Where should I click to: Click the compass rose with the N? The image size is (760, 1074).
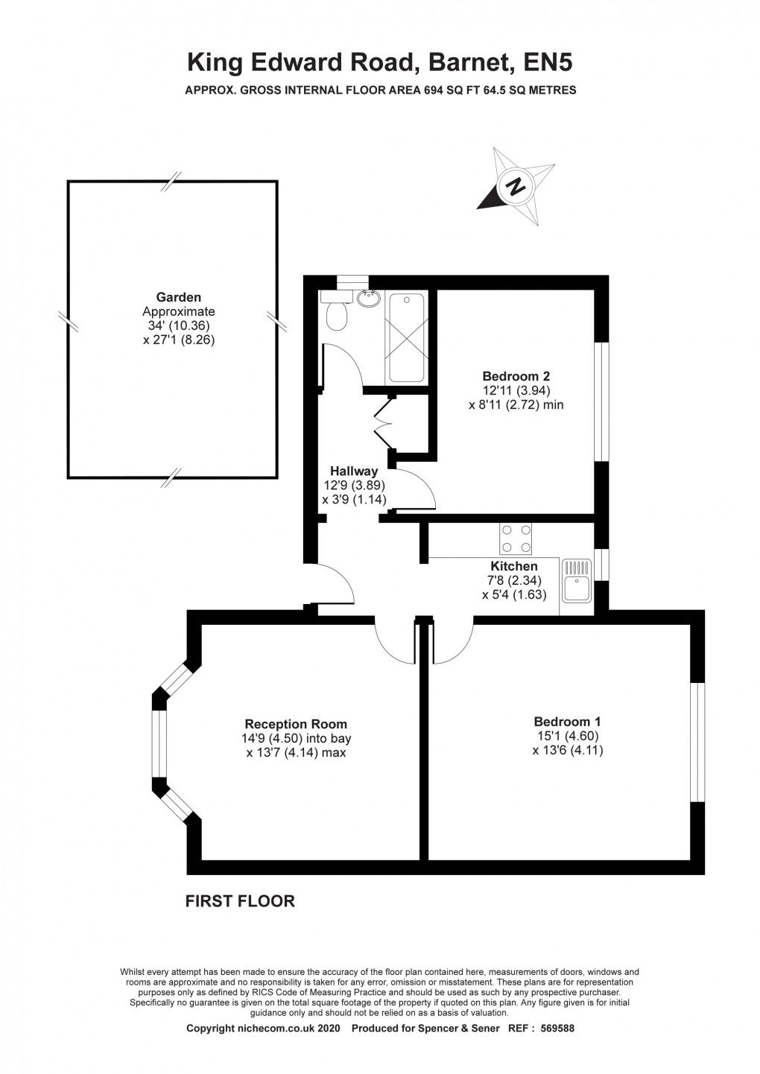tap(514, 185)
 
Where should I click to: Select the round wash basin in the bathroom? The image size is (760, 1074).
tap(368, 299)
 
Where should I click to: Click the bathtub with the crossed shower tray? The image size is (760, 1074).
tap(407, 337)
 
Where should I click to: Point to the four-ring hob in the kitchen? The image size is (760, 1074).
tap(516, 539)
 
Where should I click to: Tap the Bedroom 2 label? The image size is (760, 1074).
tap(516, 375)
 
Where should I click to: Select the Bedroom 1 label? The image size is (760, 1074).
tap(567, 721)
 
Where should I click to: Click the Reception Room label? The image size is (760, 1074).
tap(296, 724)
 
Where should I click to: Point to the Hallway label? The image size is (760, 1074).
tap(354, 471)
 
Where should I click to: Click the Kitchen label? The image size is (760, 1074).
tap(514, 566)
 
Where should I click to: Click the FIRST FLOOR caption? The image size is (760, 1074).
tap(240, 901)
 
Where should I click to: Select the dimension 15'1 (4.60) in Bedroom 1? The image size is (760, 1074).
tap(568, 736)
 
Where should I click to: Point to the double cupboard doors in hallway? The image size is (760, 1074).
tap(383, 420)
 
